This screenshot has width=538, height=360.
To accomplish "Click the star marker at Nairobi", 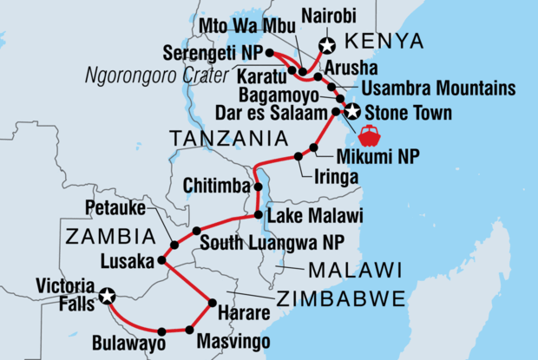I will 327,46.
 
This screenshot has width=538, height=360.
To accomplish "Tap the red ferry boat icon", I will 370,137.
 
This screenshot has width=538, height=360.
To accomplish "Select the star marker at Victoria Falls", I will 107,296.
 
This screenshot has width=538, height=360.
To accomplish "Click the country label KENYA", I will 383,42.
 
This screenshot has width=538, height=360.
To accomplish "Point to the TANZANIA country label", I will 232,138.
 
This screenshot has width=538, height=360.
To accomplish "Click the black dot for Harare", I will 211,303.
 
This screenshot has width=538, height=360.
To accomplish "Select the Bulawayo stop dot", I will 161,331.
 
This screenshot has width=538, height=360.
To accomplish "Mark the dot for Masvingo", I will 189,330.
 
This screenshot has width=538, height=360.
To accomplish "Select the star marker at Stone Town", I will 352,112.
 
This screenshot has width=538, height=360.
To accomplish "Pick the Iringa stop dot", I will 299,157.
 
